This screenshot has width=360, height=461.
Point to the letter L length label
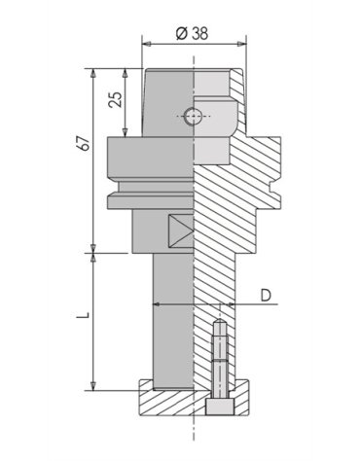pos(85,317)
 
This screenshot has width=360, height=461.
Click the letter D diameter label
pos(266,294)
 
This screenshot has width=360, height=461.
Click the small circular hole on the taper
pos(194,117)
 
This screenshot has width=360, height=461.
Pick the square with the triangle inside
pos(181,231)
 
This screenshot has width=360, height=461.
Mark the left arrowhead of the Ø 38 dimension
pos(147,44)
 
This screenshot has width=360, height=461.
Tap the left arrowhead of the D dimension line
pos(157,305)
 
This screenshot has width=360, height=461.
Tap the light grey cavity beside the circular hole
pos(218,118)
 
